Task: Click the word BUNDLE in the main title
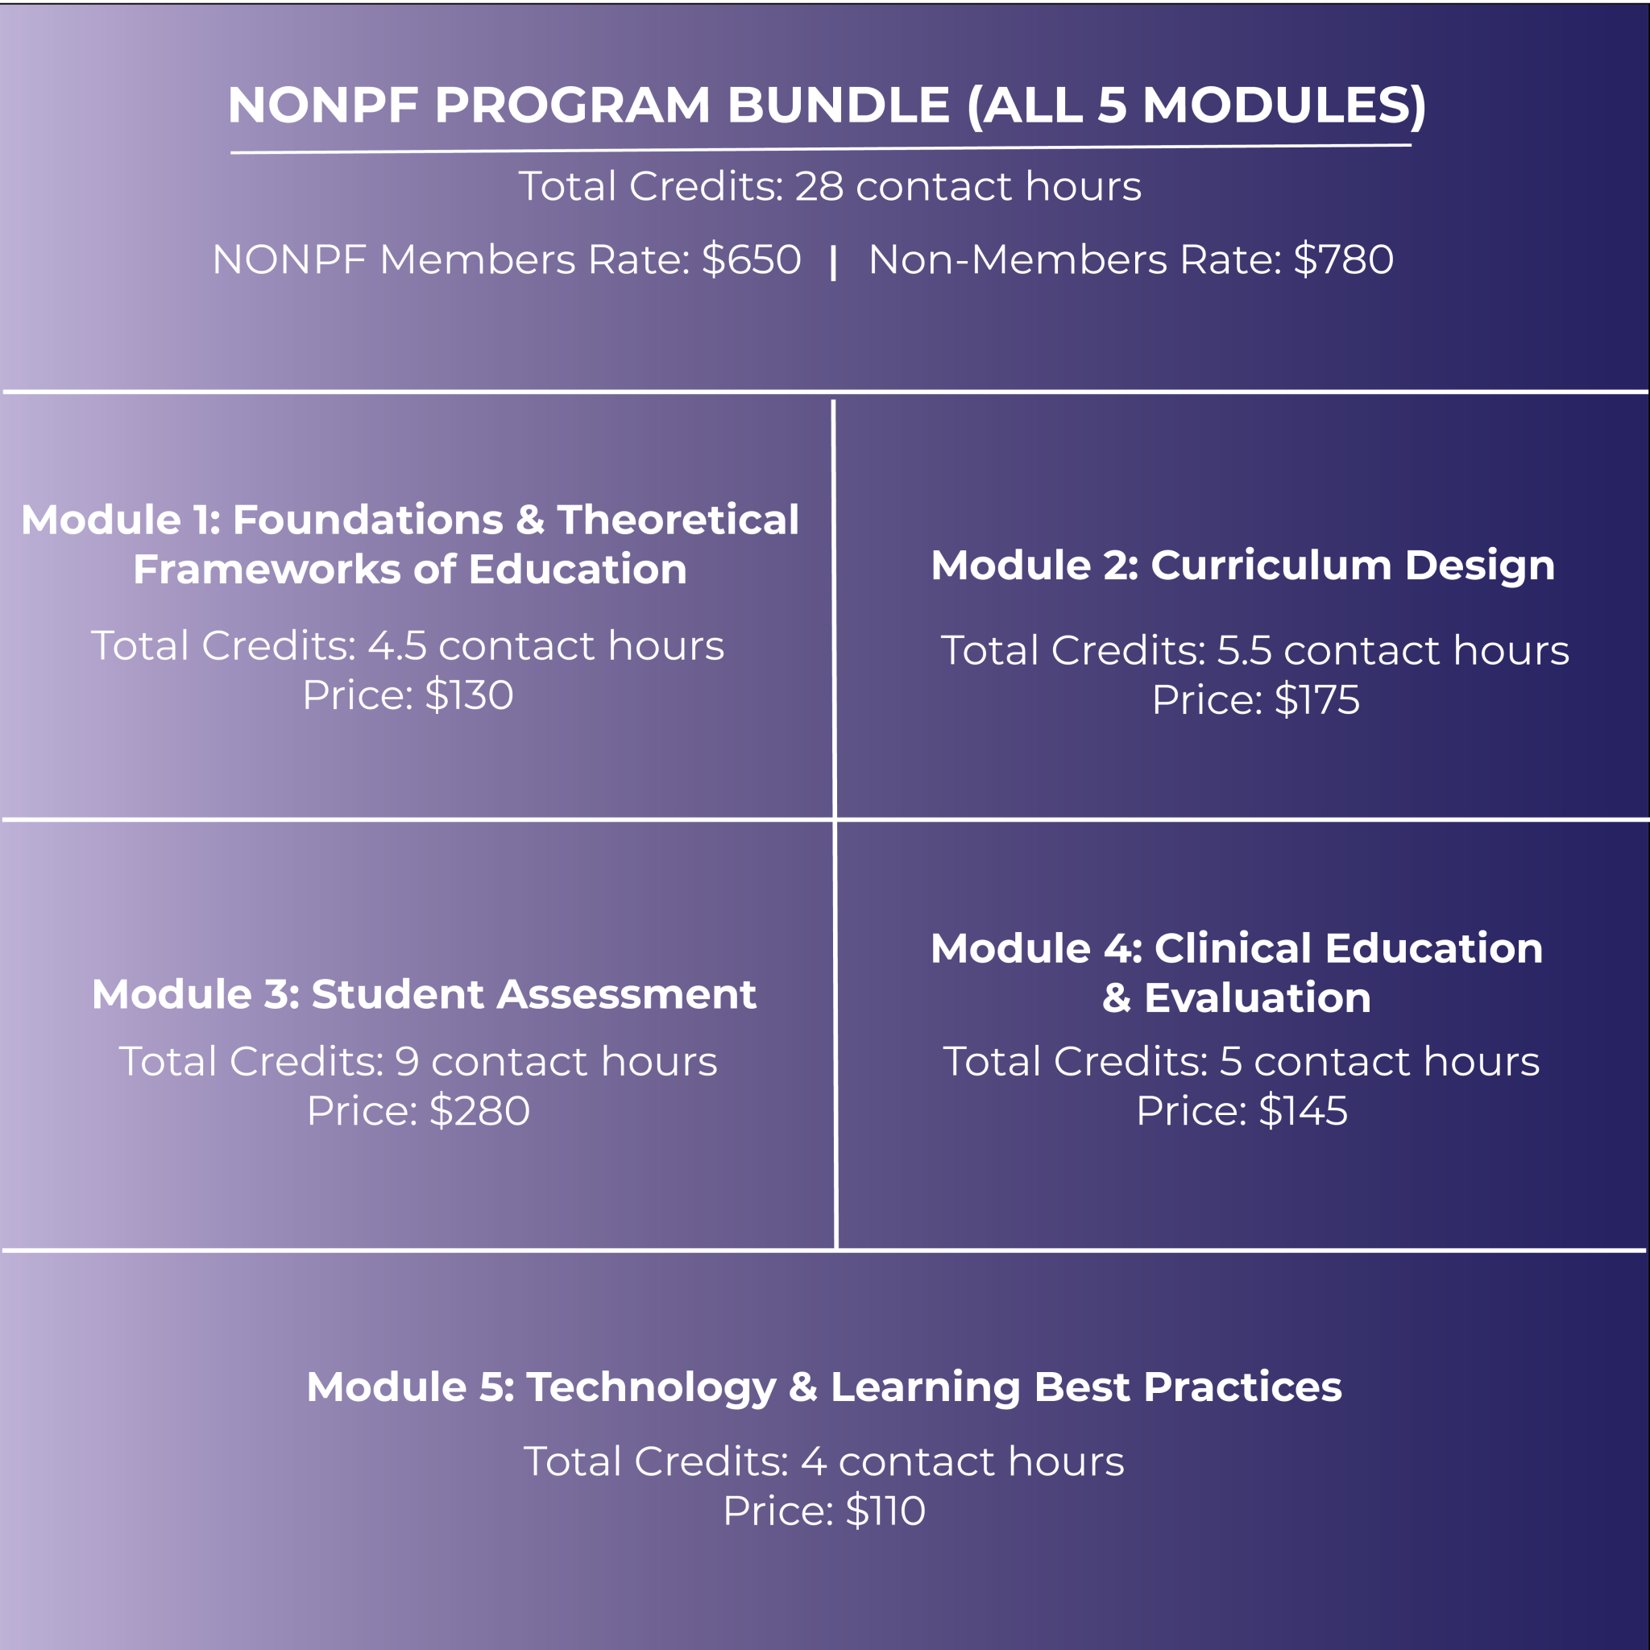(x=838, y=105)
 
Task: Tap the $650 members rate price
(x=751, y=259)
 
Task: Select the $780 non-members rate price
(x=1343, y=259)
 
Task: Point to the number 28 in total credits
(x=819, y=186)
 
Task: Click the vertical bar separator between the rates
(x=834, y=262)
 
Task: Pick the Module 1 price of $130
(x=469, y=695)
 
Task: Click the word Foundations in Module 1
(x=368, y=520)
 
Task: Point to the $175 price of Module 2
(x=1317, y=700)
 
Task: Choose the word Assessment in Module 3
(x=627, y=994)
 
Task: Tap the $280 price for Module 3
(x=479, y=1111)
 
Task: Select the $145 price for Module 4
(x=1303, y=1111)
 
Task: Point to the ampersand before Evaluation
(x=1116, y=998)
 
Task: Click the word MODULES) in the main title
(x=1283, y=105)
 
